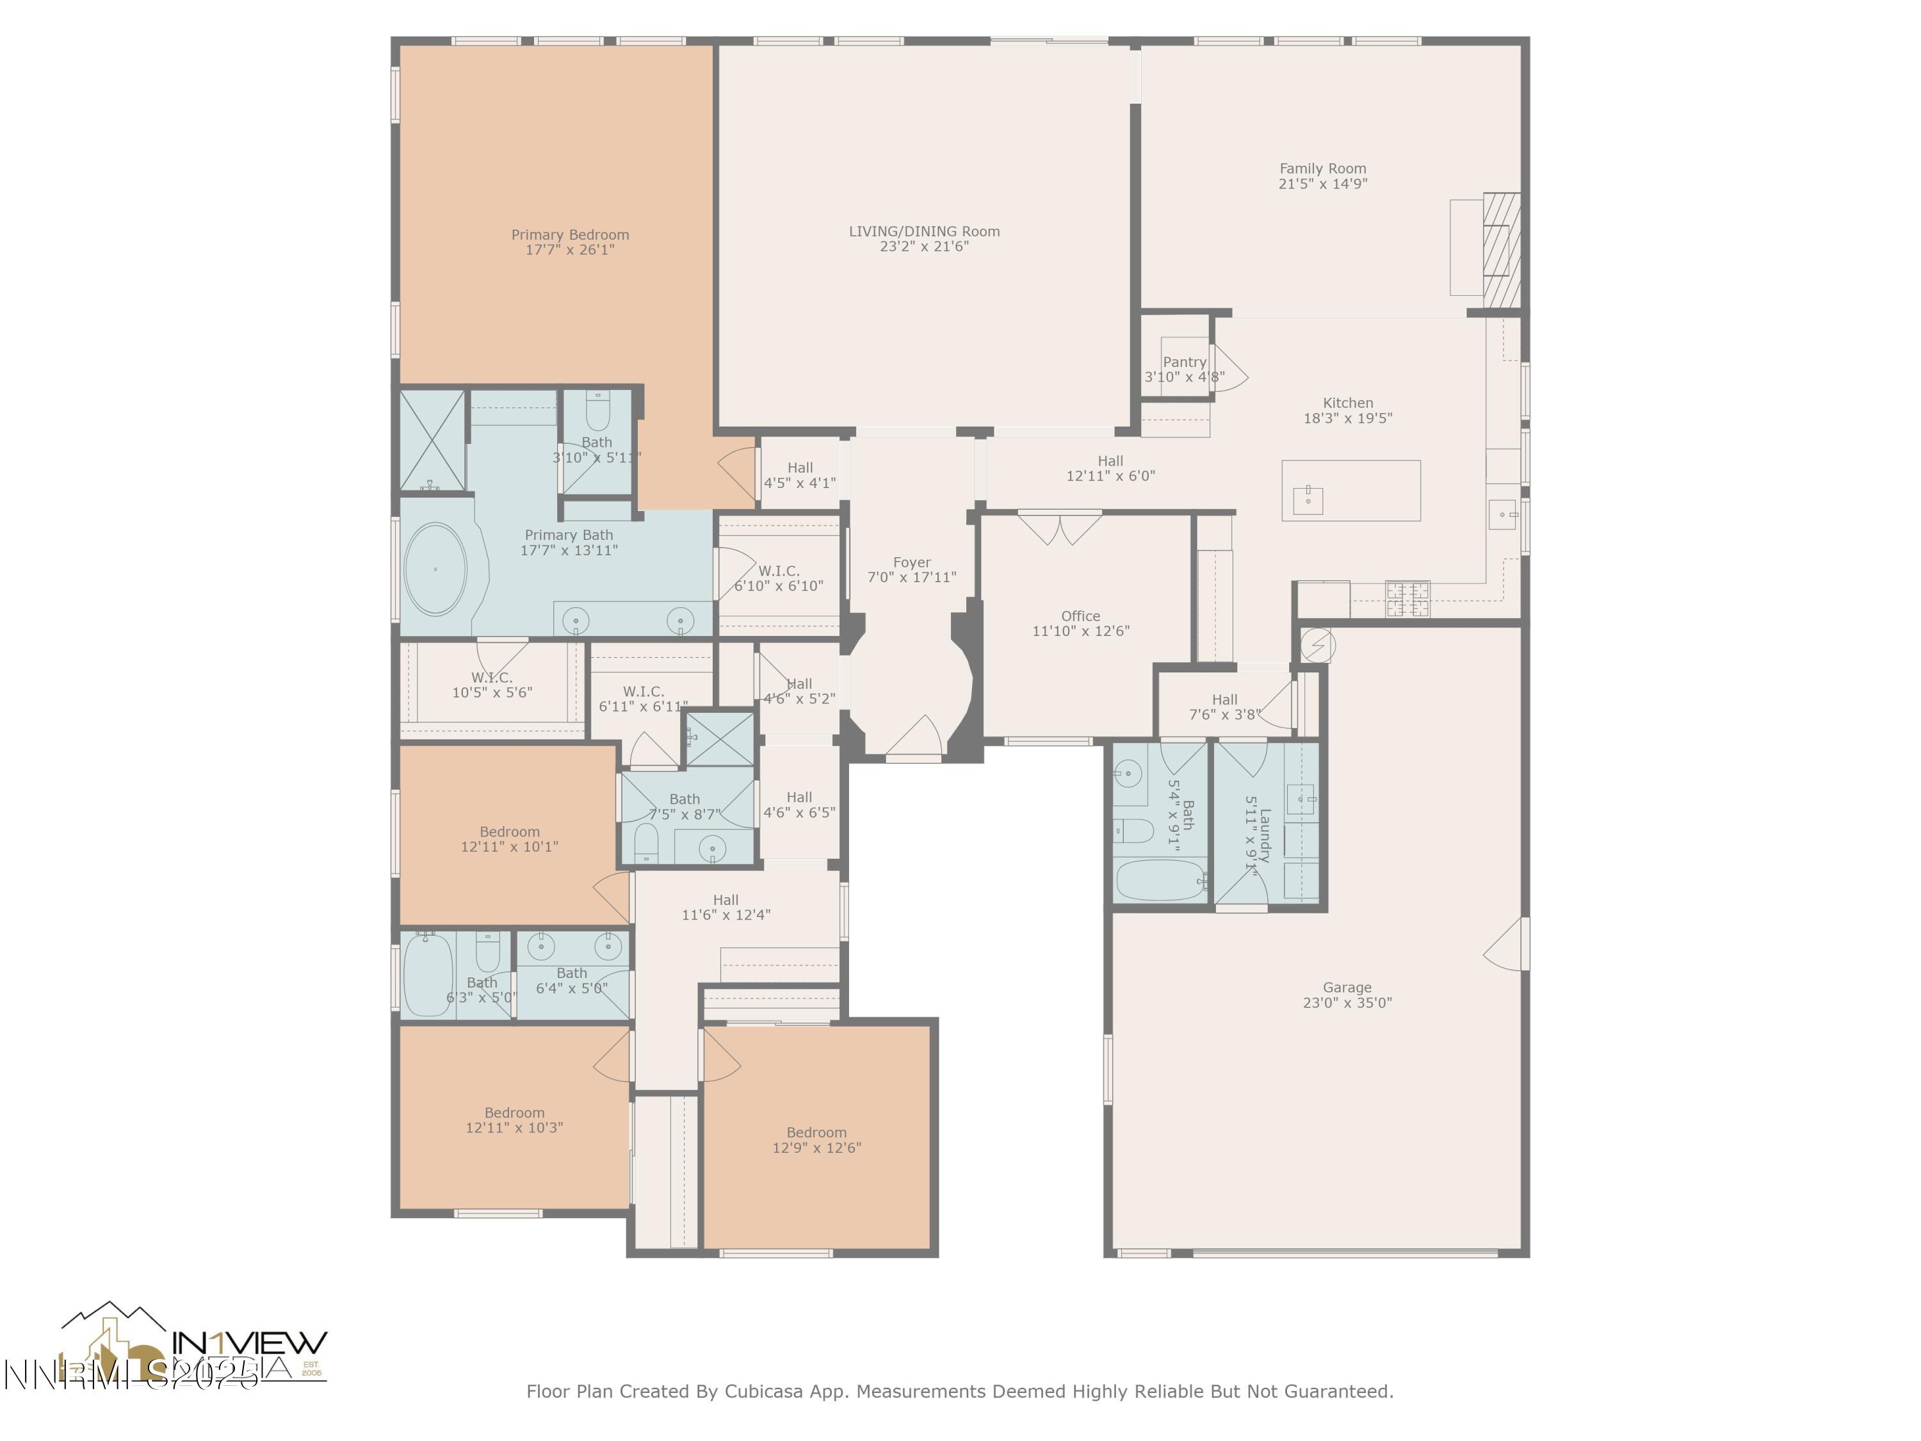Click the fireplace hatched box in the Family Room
pos(1501,249)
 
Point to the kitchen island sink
pos(1308,500)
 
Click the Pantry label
pos(1184,362)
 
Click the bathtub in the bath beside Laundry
pos(1160,881)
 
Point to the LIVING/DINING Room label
pos(924,231)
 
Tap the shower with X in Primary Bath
pos(432,441)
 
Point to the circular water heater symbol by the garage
pos(1317,646)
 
